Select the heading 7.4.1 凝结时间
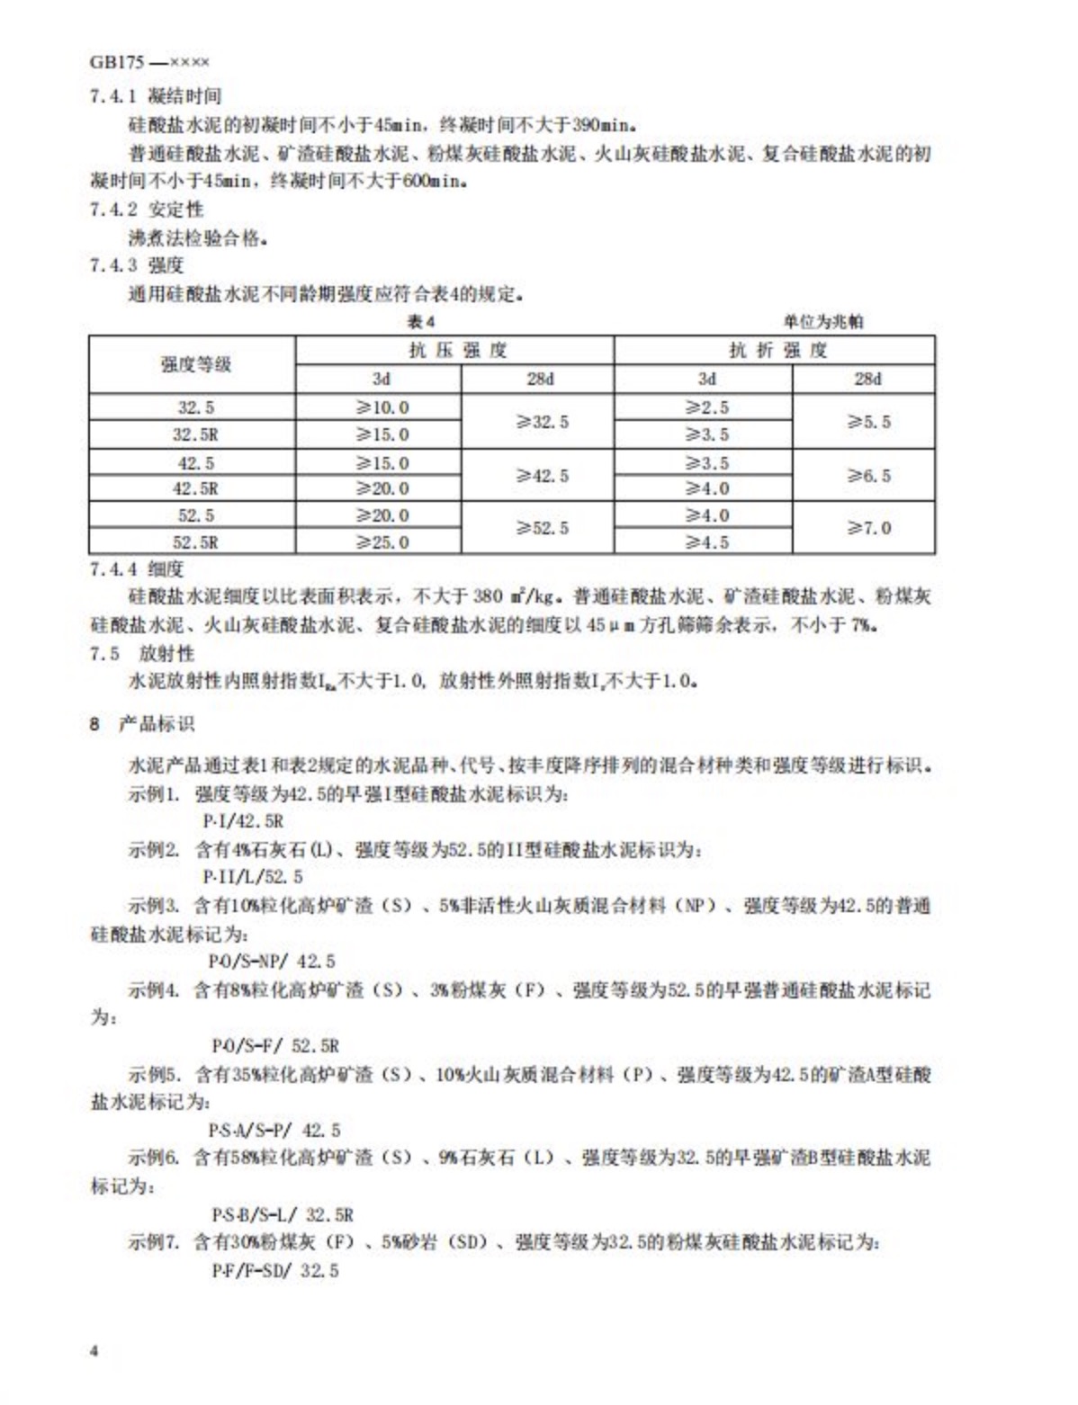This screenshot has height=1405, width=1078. coord(155,96)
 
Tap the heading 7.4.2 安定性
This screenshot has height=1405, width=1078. coord(147,210)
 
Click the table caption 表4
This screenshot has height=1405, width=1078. coord(420,321)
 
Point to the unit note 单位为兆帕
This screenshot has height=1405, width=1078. coord(823,321)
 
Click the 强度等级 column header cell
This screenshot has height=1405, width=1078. coord(195,364)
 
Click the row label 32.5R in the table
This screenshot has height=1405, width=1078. coord(195,434)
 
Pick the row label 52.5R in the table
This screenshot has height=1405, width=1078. coord(195,542)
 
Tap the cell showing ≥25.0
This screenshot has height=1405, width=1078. coord(382,542)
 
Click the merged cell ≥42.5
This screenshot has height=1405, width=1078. coord(541,476)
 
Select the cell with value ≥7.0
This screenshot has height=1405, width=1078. coord(867,528)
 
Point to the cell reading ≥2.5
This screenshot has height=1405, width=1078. coord(706,407)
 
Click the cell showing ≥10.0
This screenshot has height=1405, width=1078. coord(382,407)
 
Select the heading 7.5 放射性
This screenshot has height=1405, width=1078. coord(141,653)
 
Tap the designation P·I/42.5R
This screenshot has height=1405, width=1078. coord(243,821)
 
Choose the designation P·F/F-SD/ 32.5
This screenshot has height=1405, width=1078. coord(274,1270)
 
